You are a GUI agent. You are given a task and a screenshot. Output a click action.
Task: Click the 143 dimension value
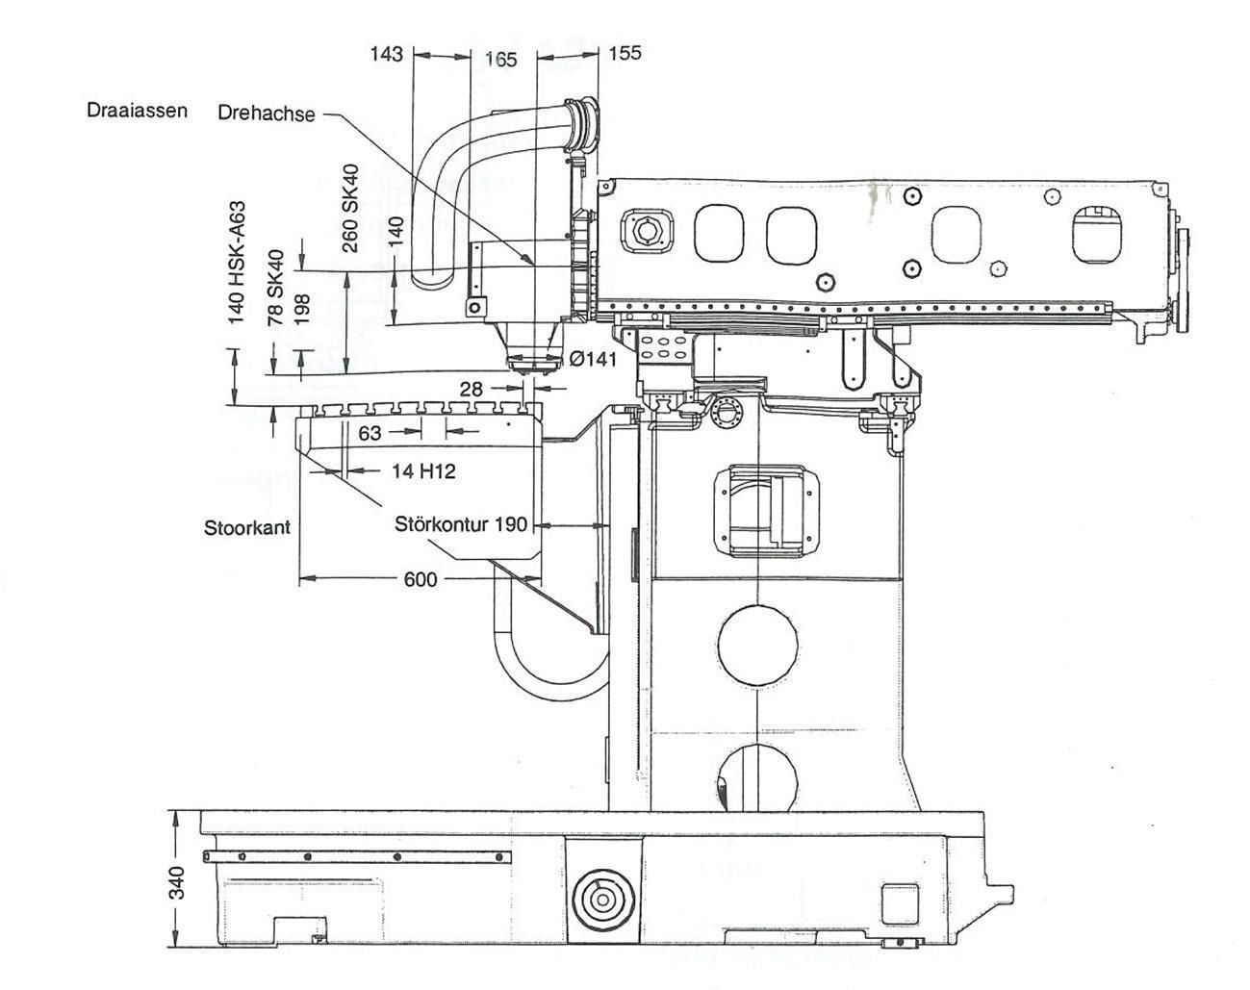pos(386,53)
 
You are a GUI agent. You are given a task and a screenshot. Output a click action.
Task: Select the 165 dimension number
pos(500,59)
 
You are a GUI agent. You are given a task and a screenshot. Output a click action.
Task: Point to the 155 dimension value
pos(625,53)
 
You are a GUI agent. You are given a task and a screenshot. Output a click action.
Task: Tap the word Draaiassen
pos(137,110)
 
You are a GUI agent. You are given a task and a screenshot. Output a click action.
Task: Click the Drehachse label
pos(267,113)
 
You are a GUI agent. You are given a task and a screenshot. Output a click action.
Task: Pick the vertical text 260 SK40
pos(350,208)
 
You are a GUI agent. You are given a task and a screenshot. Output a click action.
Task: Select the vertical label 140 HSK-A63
pos(237,262)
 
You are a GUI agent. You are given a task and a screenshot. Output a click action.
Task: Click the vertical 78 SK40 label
pos(276,289)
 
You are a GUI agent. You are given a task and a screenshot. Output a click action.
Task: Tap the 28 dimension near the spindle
pos(471,388)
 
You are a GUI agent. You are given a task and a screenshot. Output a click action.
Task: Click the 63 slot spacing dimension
pos(370,433)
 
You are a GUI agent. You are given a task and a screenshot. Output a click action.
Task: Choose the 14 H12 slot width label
pos(422,470)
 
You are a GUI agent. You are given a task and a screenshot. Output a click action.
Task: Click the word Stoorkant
pos(247,527)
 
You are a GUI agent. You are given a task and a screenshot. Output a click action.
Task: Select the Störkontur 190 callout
pos(461,524)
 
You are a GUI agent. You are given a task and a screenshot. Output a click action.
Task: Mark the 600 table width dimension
pos(421,578)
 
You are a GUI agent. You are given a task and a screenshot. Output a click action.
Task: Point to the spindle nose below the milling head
pos(532,360)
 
